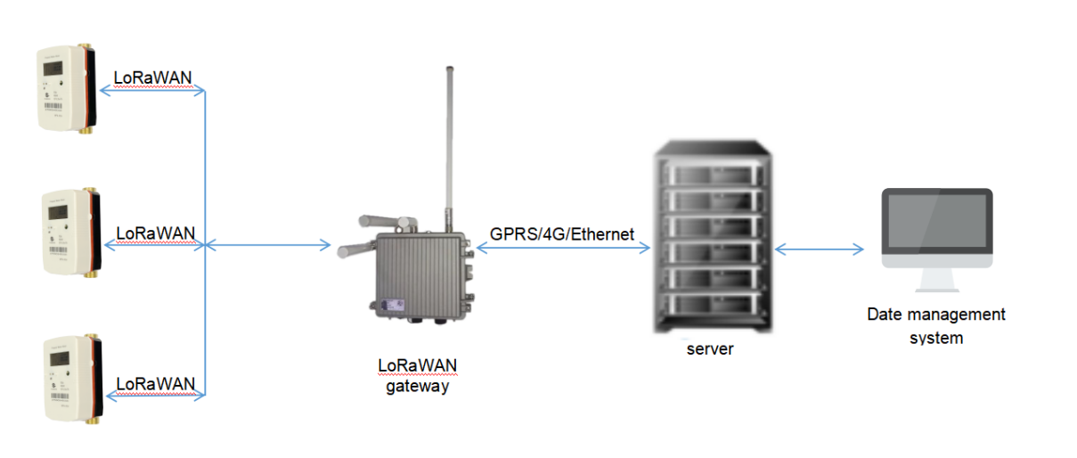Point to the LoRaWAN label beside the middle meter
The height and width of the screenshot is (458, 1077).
[x=156, y=234]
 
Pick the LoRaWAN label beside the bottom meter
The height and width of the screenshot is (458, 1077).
[x=156, y=384]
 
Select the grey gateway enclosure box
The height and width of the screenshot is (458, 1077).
[x=419, y=271]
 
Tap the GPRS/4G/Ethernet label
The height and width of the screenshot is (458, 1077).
[x=562, y=235]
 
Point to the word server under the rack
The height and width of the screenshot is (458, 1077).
[x=710, y=349]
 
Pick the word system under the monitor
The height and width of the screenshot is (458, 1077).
[x=935, y=338]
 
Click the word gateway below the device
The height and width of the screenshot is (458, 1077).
[x=411, y=386]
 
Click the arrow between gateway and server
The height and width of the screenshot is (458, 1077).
[x=562, y=249]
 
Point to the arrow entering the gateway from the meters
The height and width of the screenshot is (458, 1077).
[x=267, y=244]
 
